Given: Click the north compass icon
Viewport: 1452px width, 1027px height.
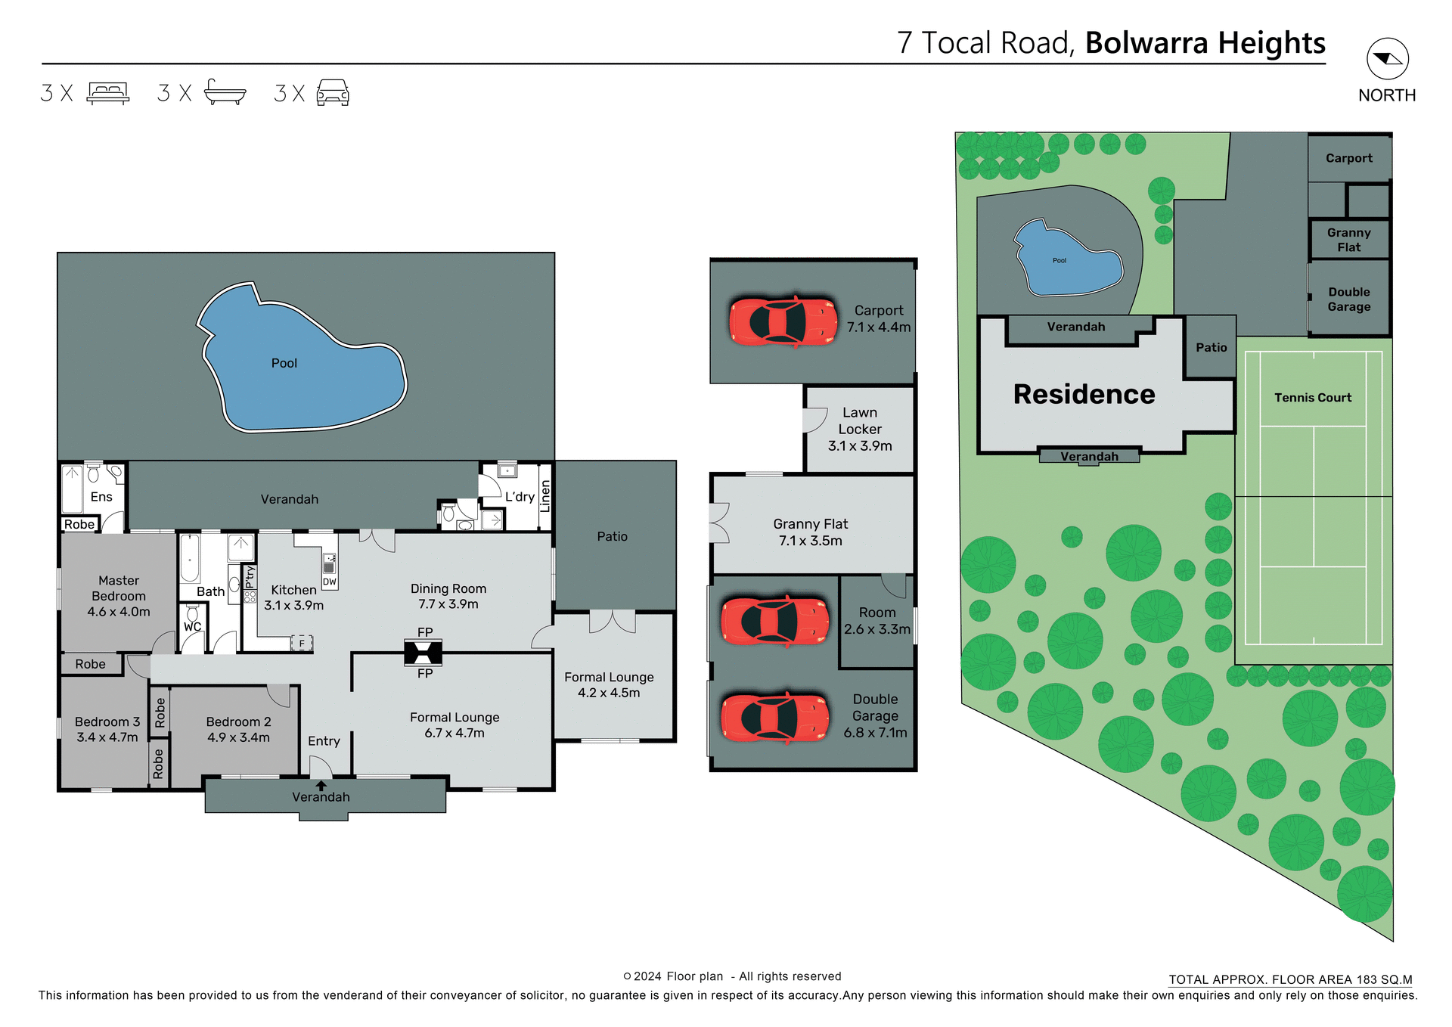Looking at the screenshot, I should tap(1387, 59).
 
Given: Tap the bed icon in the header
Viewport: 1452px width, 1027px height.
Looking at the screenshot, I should tap(108, 92).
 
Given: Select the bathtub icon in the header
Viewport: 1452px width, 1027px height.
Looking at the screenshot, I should tap(225, 92).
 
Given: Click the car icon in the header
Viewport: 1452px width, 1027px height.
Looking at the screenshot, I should tap(333, 92).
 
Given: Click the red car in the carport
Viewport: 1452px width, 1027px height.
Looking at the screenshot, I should tap(783, 321).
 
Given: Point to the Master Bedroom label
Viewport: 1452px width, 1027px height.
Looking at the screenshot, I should tap(119, 596).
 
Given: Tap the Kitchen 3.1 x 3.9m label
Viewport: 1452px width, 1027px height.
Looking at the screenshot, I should tap(293, 597).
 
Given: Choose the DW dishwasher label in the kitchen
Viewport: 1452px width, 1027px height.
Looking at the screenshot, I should tap(329, 582).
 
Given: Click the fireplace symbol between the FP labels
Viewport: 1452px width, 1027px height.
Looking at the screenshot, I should tap(423, 653).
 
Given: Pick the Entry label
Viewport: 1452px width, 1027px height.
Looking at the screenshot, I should tap(324, 741).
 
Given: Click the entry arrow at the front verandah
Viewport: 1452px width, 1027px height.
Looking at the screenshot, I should tap(321, 786).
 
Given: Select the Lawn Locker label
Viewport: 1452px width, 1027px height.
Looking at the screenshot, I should tap(860, 429).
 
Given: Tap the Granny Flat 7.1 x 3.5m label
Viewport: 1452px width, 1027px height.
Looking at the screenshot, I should tap(811, 532).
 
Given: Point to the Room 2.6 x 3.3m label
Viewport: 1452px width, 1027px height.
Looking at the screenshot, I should tap(877, 621).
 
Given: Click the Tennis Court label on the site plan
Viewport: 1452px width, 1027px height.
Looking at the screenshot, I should tap(1312, 398).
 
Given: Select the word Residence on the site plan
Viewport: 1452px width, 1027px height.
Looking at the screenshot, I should tap(1084, 394).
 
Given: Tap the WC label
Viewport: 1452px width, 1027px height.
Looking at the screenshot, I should tap(192, 627).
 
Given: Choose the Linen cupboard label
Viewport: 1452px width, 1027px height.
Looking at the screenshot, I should tap(544, 496).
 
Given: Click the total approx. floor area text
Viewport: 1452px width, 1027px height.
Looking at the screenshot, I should tap(1290, 979).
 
